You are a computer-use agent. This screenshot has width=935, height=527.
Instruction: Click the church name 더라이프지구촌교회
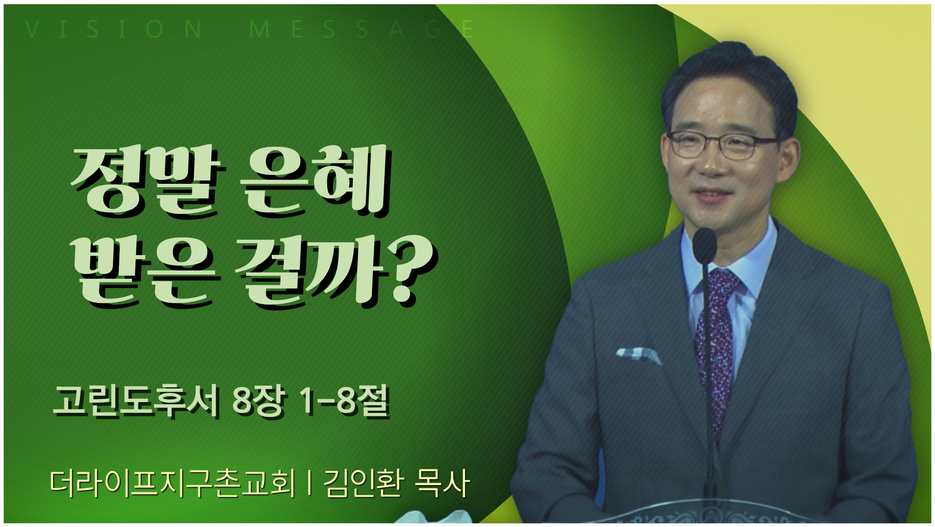[172, 483]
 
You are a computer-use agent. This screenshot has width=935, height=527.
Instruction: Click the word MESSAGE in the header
[361, 29]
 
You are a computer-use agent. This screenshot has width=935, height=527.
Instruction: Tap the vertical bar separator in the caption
[310, 483]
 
